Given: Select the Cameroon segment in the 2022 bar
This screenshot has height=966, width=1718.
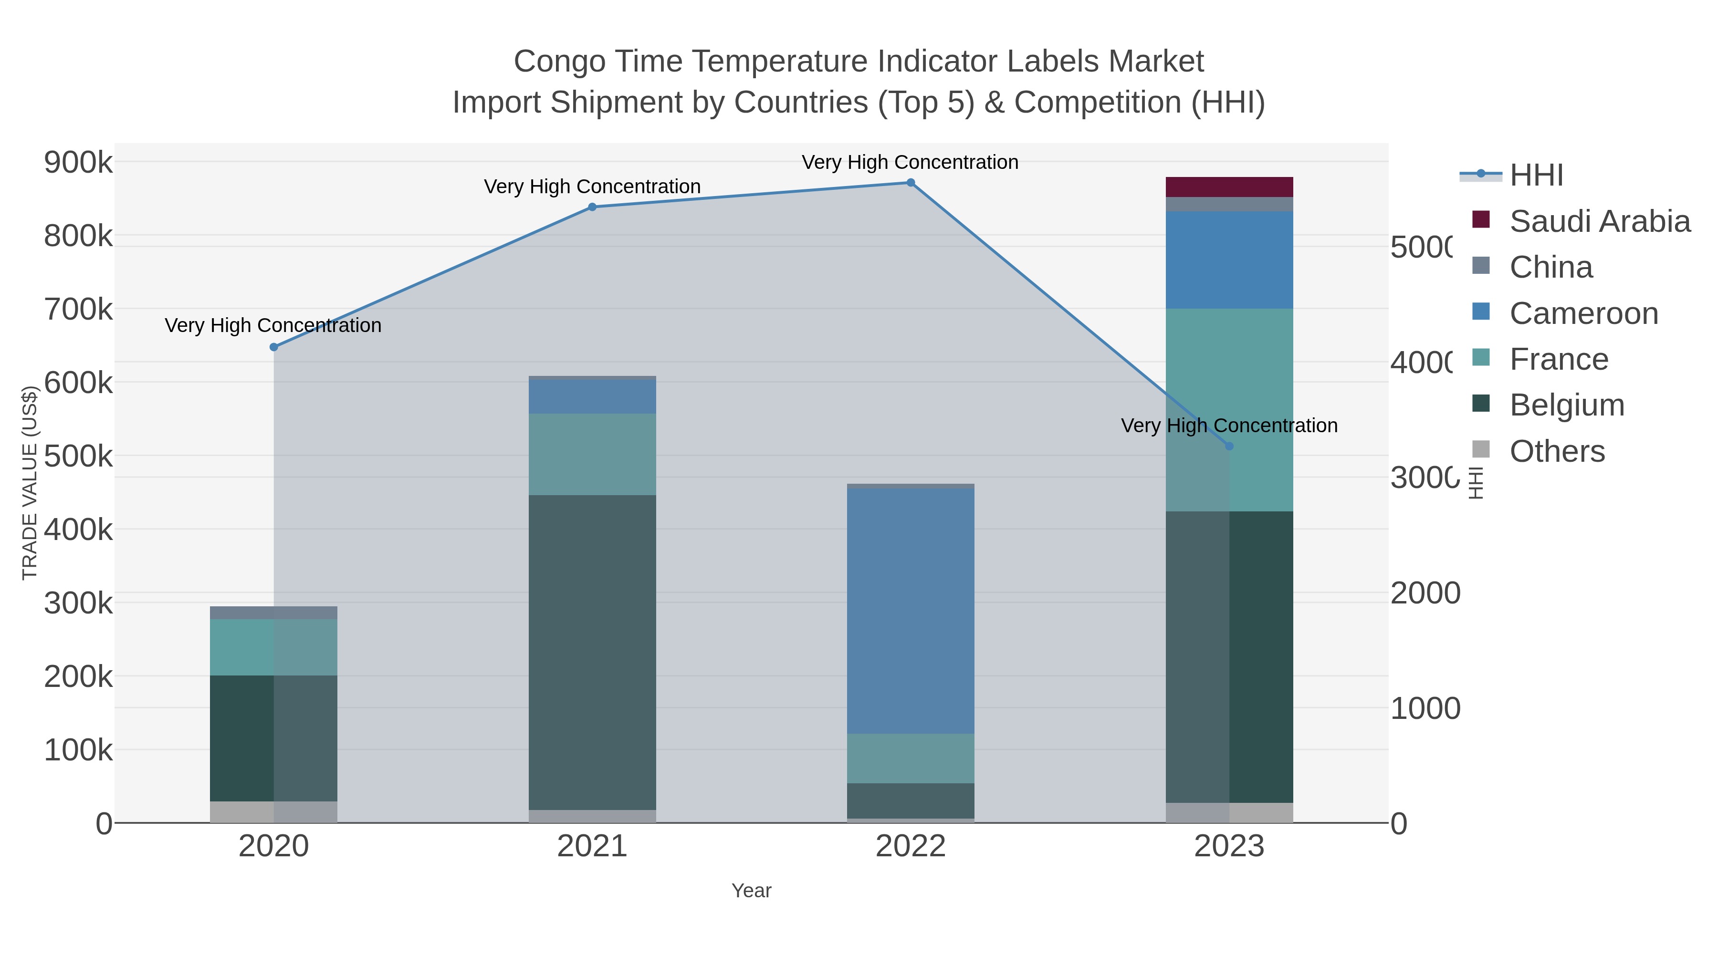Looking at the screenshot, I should pyautogui.click(x=911, y=611).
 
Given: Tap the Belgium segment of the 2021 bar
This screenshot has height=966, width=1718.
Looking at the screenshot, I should pyautogui.click(x=592, y=652).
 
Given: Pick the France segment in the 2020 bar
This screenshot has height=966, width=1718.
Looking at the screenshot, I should pyautogui.click(x=273, y=647).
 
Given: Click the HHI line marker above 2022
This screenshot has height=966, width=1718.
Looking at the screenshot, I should pyautogui.click(x=911, y=183).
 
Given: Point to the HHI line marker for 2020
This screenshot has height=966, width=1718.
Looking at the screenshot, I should pyautogui.click(x=273, y=347).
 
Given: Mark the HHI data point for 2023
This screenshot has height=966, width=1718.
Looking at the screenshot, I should pyautogui.click(x=1229, y=446).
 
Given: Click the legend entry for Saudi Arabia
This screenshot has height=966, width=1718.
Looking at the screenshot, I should pyautogui.click(x=1599, y=221).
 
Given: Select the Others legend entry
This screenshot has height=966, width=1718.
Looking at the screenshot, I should pyautogui.click(x=1557, y=451).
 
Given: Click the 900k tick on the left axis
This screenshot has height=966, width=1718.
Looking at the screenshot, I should pyautogui.click(x=78, y=162).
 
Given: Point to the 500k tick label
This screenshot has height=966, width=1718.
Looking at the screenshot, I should pyautogui.click(x=78, y=457).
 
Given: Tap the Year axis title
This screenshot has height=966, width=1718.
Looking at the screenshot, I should pyautogui.click(x=751, y=891).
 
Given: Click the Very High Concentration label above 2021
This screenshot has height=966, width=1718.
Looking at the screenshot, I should pyautogui.click(x=592, y=187).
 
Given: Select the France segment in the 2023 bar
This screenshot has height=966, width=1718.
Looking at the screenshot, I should pyautogui.click(x=1229, y=409).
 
